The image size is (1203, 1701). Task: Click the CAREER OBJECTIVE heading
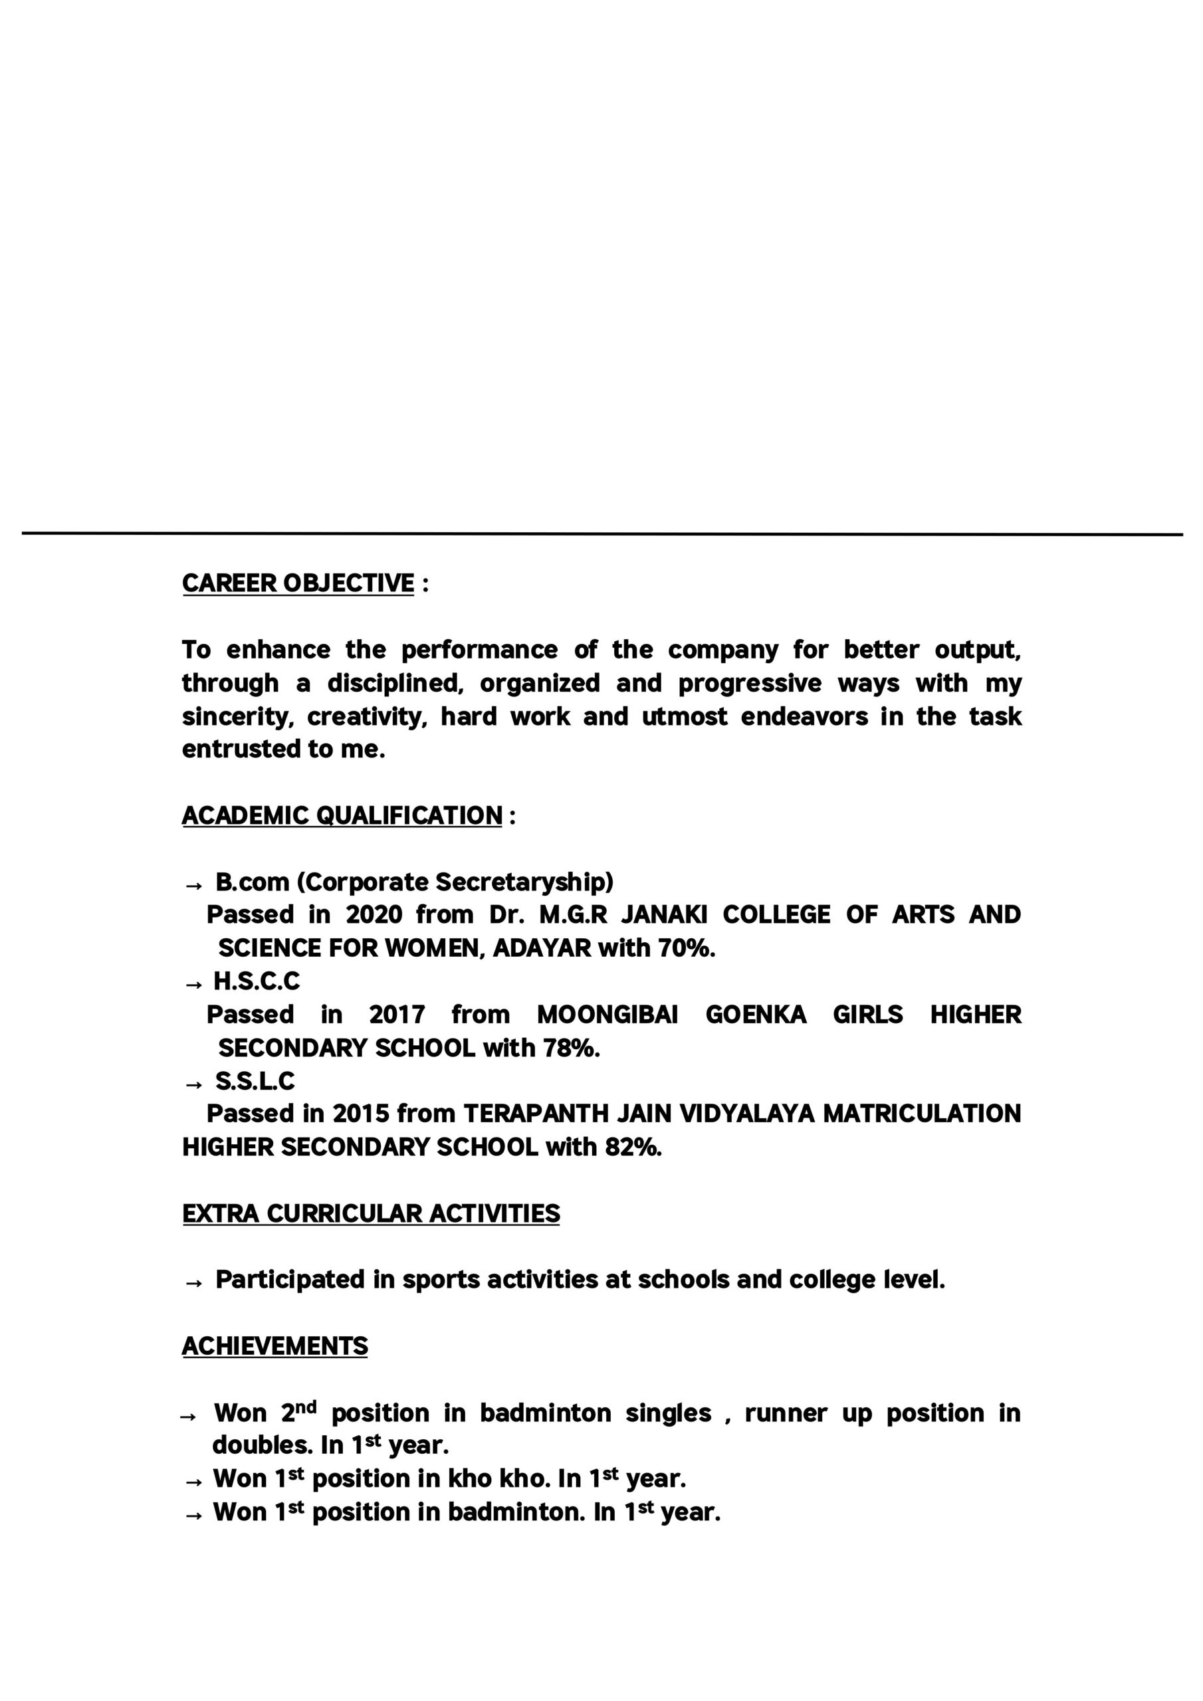pyautogui.click(x=298, y=583)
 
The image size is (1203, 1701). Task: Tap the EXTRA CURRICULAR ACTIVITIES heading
pyautogui.click(x=371, y=1213)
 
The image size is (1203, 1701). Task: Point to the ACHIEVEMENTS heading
pyautogui.click(x=274, y=1346)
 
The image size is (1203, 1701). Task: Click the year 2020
pyautogui.click(x=374, y=914)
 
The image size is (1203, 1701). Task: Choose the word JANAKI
pyautogui.click(x=663, y=914)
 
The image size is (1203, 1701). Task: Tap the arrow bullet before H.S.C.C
pyautogui.click(x=193, y=985)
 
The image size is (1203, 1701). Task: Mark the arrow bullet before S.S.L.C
pyautogui.click(x=193, y=1084)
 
